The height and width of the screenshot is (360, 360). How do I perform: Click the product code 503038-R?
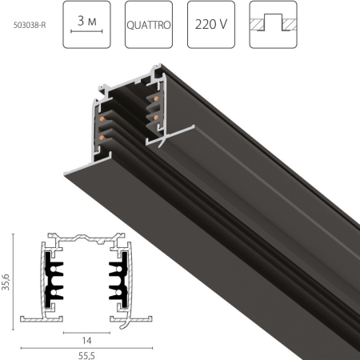pos(31,25)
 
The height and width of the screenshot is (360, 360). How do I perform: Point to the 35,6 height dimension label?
pos(7,282)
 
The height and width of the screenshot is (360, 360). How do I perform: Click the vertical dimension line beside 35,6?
pos(15,282)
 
